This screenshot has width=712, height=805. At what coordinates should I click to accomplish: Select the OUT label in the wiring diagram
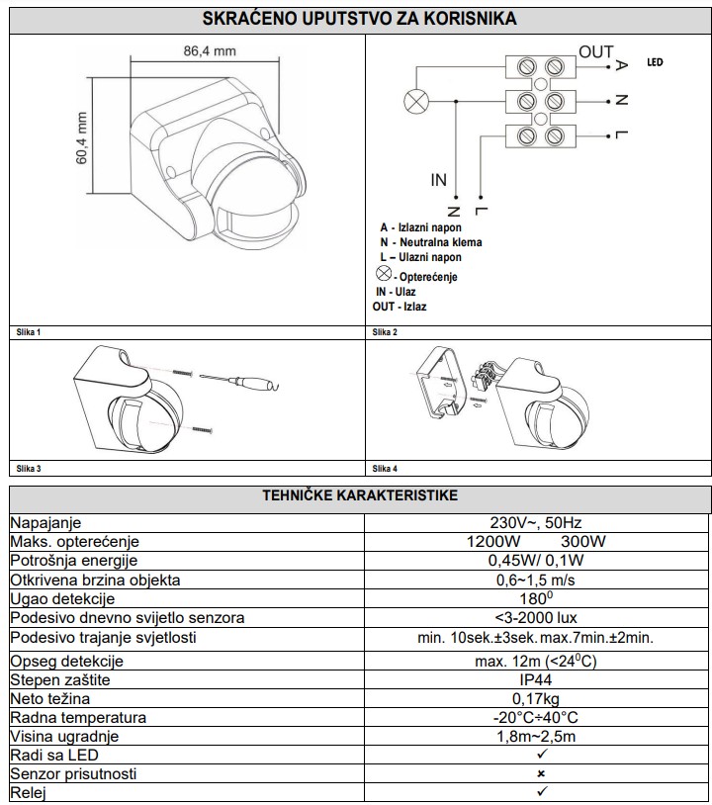tap(596, 53)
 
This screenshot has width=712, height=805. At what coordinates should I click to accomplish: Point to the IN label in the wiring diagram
tap(438, 180)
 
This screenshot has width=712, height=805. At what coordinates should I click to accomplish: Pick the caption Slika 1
tap(29, 332)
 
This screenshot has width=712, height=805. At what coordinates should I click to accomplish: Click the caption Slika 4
tap(385, 467)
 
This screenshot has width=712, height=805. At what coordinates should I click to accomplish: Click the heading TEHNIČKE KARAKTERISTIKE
tap(359, 495)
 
